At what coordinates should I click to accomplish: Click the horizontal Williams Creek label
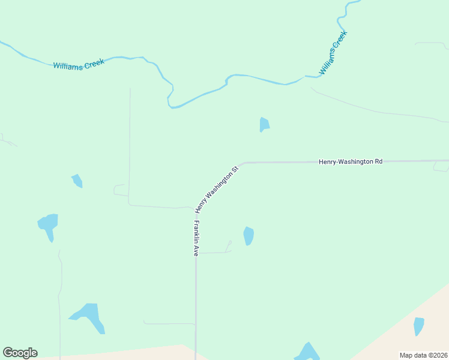(x=79, y=64)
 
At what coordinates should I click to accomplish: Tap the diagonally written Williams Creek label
(x=333, y=53)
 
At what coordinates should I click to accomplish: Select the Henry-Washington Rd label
(x=351, y=161)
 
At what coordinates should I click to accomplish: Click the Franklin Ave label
(x=196, y=239)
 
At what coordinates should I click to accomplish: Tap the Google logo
(x=20, y=353)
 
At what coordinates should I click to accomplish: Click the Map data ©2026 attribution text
(x=423, y=355)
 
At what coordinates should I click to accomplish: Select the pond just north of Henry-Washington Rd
(x=264, y=124)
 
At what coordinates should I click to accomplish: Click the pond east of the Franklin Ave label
(x=249, y=236)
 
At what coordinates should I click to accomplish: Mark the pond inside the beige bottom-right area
(x=418, y=326)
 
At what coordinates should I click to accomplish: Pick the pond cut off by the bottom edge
(x=307, y=353)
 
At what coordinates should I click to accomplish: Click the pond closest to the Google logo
(x=89, y=317)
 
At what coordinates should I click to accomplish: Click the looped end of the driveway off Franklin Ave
(x=229, y=243)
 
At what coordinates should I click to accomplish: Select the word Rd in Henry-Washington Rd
(x=378, y=161)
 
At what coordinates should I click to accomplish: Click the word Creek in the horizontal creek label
(x=94, y=62)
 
